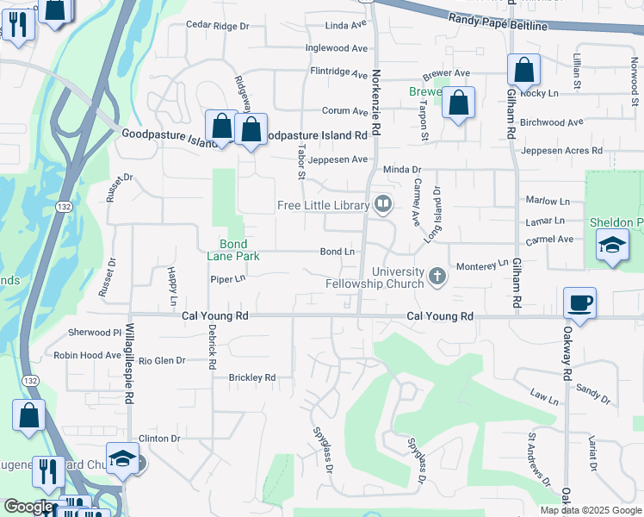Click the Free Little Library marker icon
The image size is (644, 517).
383,204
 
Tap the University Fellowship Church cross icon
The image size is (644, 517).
437,277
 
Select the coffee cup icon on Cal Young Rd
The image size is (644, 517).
579,303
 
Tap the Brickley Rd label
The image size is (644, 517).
251,377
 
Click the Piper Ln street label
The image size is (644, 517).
228,279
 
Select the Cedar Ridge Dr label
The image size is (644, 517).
217,27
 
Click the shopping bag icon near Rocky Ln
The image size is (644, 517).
523,70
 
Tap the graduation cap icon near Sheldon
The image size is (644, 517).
612,248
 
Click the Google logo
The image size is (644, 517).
28,507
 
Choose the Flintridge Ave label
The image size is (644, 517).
338,73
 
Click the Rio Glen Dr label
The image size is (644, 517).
162,361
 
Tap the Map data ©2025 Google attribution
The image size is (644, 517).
590,510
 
